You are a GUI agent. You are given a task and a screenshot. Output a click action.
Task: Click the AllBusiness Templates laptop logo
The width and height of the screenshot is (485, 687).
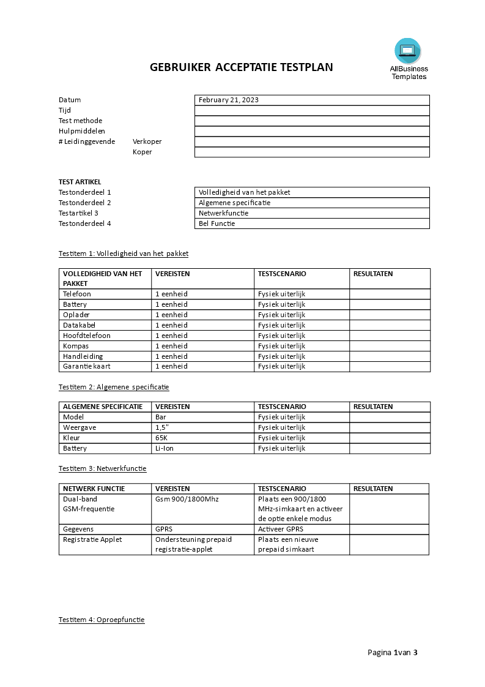[x=408, y=51]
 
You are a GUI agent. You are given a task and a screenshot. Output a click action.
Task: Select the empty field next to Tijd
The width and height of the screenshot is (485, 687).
[x=312, y=110]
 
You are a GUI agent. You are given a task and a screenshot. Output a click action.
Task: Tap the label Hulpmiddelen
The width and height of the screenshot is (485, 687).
[x=82, y=131]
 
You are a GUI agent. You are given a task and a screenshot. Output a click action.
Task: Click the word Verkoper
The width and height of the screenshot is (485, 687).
[x=147, y=141]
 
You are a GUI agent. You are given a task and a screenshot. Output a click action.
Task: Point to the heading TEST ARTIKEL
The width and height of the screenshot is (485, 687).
[x=80, y=182]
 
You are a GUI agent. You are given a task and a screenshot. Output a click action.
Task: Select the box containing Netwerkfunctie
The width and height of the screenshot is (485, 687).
[x=312, y=213]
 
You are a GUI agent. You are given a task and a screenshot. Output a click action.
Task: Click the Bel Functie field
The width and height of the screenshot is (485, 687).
[x=312, y=223]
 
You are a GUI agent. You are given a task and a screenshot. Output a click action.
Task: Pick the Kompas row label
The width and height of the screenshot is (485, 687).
[x=76, y=346]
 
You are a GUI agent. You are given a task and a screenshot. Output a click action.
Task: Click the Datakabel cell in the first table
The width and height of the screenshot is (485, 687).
[x=80, y=325]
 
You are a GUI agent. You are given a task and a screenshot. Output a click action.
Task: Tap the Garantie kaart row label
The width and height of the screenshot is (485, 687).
[x=87, y=366]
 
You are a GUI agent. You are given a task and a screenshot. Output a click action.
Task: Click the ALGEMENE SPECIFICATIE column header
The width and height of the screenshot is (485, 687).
[x=103, y=407]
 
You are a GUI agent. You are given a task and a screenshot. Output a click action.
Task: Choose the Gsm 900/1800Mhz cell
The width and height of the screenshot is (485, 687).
[x=187, y=499]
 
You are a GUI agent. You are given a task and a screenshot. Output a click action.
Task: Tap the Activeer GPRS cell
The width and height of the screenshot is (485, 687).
[x=281, y=529]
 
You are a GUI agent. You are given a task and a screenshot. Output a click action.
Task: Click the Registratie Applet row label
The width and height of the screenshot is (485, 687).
[x=92, y=539]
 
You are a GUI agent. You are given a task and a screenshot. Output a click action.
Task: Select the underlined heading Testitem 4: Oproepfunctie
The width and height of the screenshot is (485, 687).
[x=102, y=620]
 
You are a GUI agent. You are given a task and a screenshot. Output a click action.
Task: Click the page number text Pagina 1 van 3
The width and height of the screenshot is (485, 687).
[x=393, y=652]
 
